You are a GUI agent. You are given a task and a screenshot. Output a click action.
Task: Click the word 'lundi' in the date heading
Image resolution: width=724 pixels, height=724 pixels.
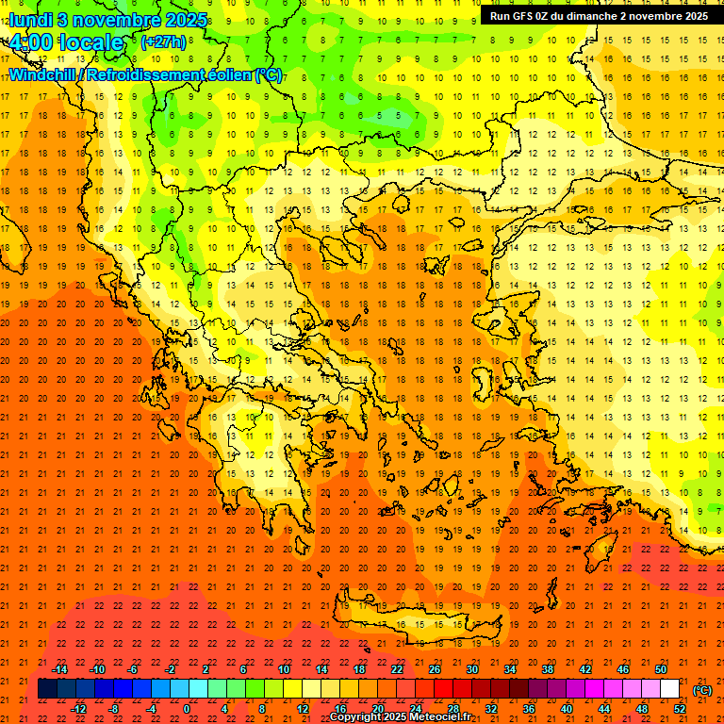[x=30, y=19]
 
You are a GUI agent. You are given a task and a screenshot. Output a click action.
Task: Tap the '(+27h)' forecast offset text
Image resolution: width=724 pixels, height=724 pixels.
[x=163, y=42]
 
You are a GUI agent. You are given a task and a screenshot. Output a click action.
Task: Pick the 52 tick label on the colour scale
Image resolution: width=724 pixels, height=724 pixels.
[x=680, y=709]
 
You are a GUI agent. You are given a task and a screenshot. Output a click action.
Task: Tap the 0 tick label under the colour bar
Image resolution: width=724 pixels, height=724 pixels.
[x=187, y=709]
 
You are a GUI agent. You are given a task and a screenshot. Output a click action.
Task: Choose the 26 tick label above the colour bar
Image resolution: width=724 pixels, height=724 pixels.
[x=434, y=669]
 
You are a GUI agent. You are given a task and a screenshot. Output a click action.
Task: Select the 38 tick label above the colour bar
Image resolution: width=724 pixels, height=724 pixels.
[x=547, y=669]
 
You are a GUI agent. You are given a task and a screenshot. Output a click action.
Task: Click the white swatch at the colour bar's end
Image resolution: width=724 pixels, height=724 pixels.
[x=669, y=689]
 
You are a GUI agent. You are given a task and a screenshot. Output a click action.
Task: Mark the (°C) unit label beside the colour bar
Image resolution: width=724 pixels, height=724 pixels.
[x=702, y=690]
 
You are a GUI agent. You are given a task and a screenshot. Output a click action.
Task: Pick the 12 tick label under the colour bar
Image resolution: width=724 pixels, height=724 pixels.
[x=302, y=709]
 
